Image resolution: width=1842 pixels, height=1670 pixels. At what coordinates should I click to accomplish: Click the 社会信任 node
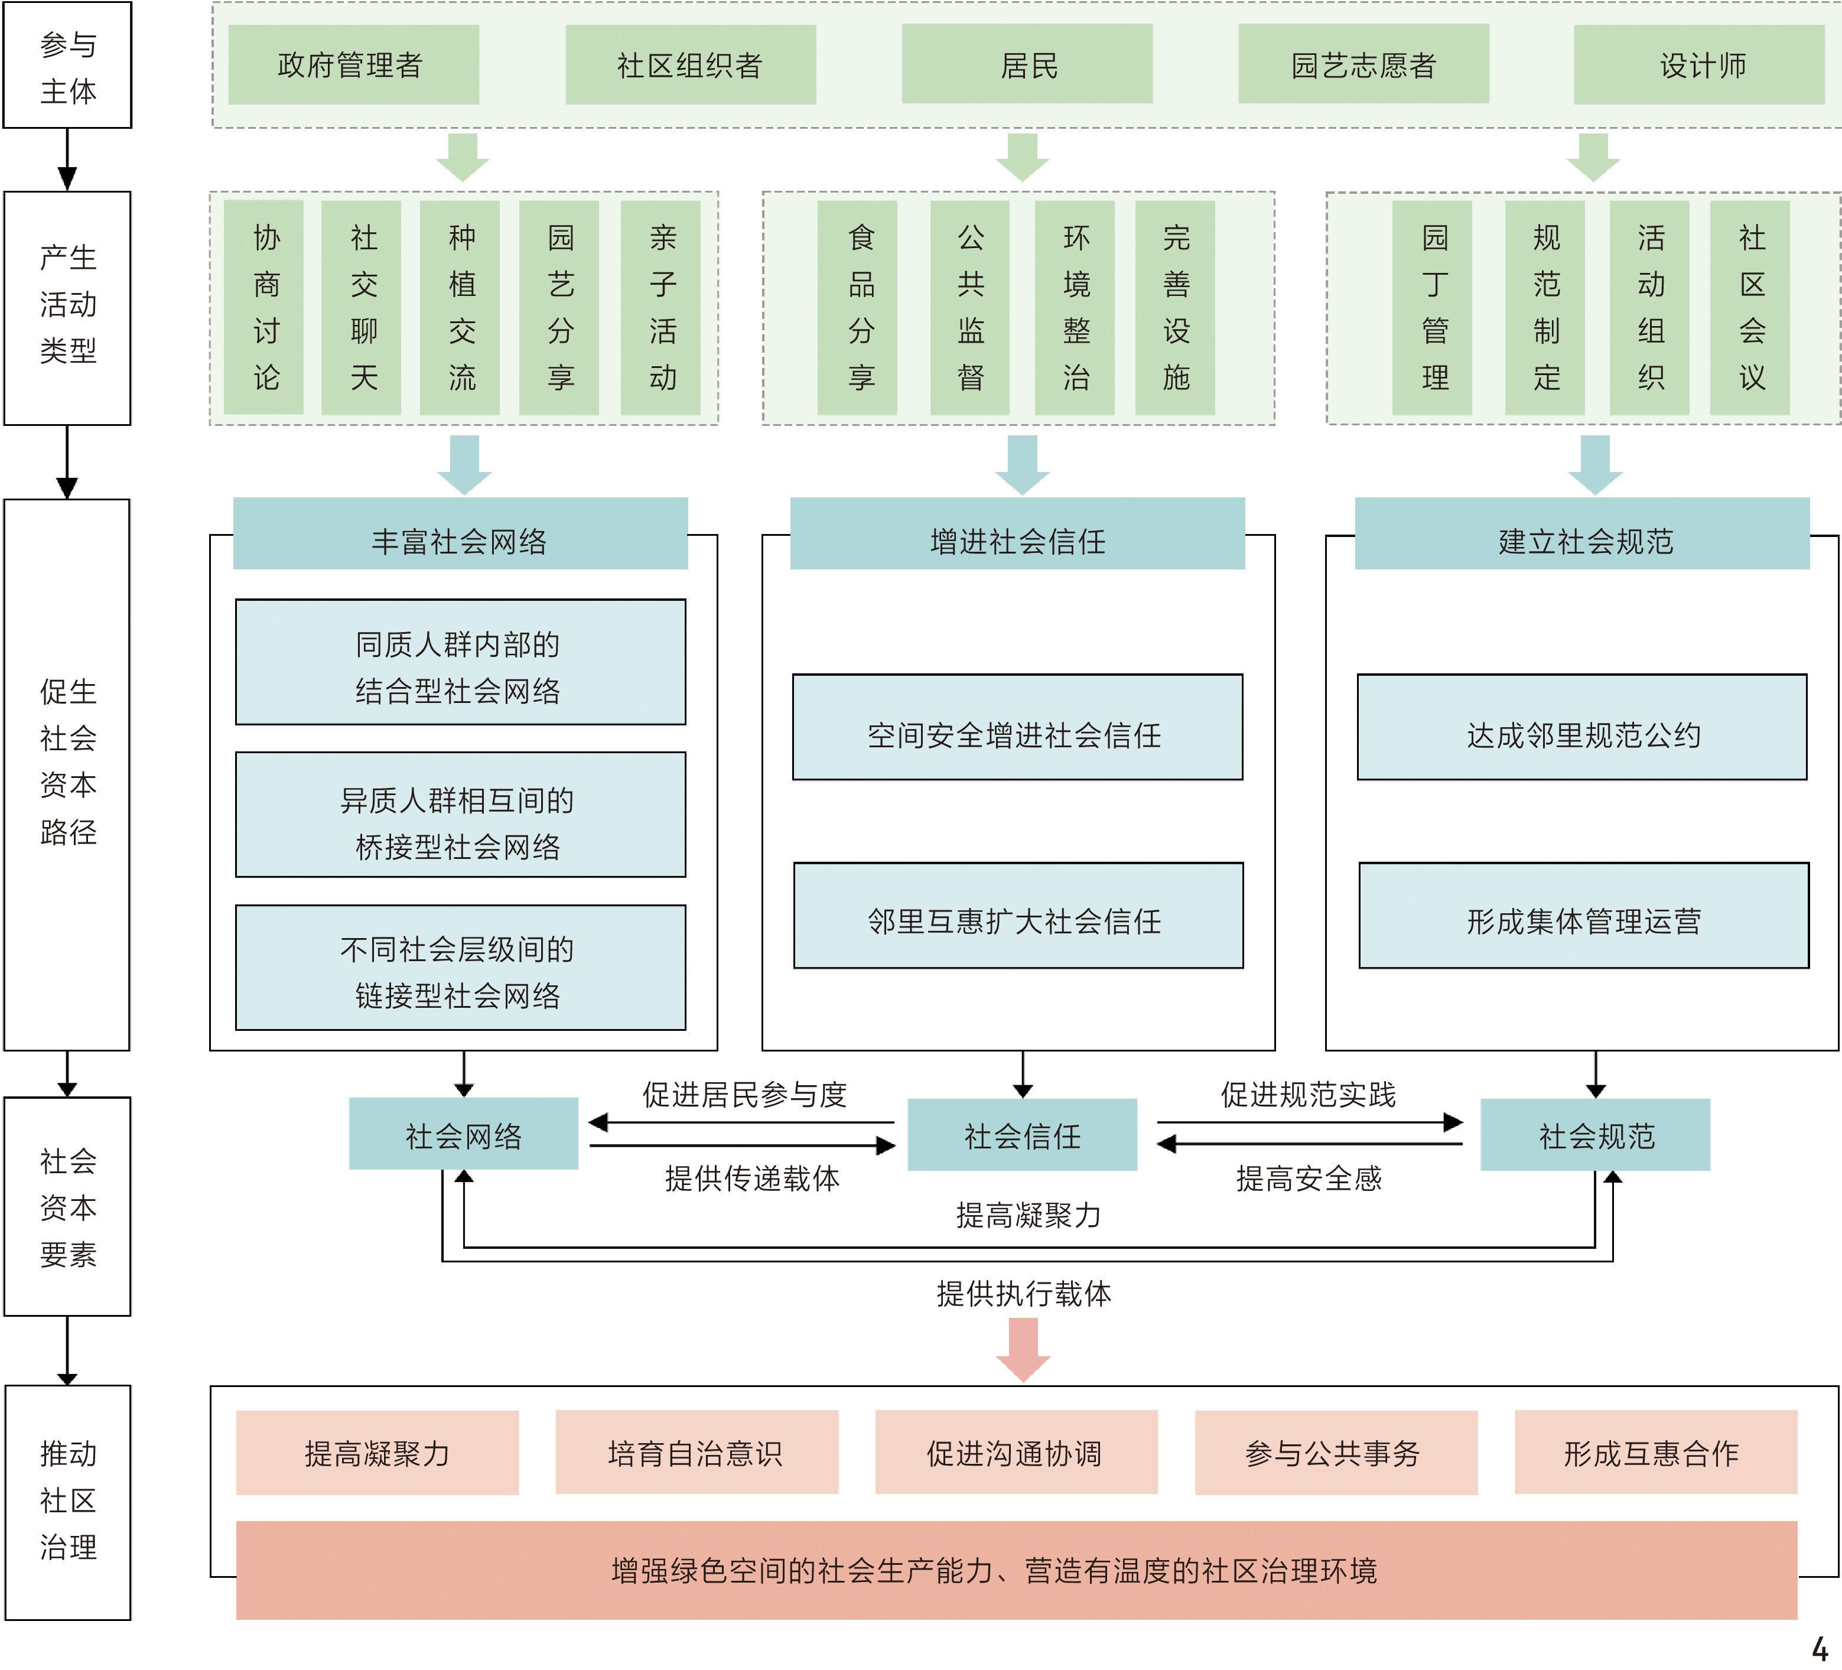(x=1021, y=1135)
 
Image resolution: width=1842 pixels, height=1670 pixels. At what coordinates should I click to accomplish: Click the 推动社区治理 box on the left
(x=67, y=1500)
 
